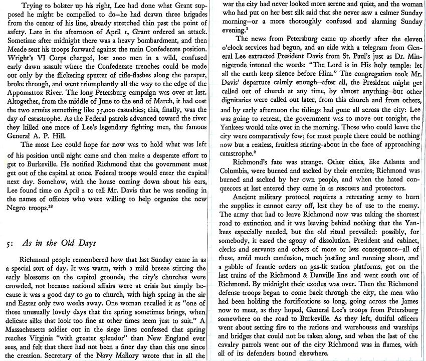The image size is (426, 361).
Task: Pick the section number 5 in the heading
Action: pyautogui.click(x=5, y=245)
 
